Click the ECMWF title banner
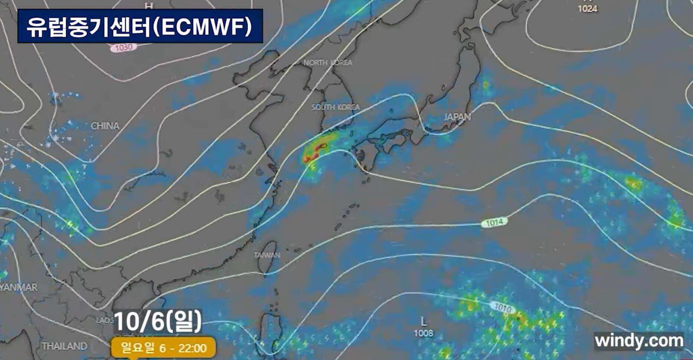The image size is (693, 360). coord(140,26)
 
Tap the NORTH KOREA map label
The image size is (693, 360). coord(328,62)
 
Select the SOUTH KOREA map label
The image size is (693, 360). coord(335,107)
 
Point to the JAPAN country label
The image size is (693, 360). coord(457,117)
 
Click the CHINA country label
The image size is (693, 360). coord(105,126)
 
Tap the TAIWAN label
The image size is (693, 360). coord(267,255)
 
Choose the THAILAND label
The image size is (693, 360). coord(64,346)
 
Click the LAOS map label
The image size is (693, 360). coord(106,320)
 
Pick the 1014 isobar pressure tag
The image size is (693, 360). coord(494,222)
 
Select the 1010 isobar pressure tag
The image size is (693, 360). coord(503,308)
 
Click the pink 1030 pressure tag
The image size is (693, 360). coord(123,48)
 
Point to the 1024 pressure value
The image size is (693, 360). coord(588,9)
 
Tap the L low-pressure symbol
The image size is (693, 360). coord(423,321)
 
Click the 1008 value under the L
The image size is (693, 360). coord(423,333)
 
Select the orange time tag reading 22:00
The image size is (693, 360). coord(163,348)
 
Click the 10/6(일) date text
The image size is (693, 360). coord(158,322)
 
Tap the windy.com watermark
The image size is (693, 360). coord(639,341)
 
